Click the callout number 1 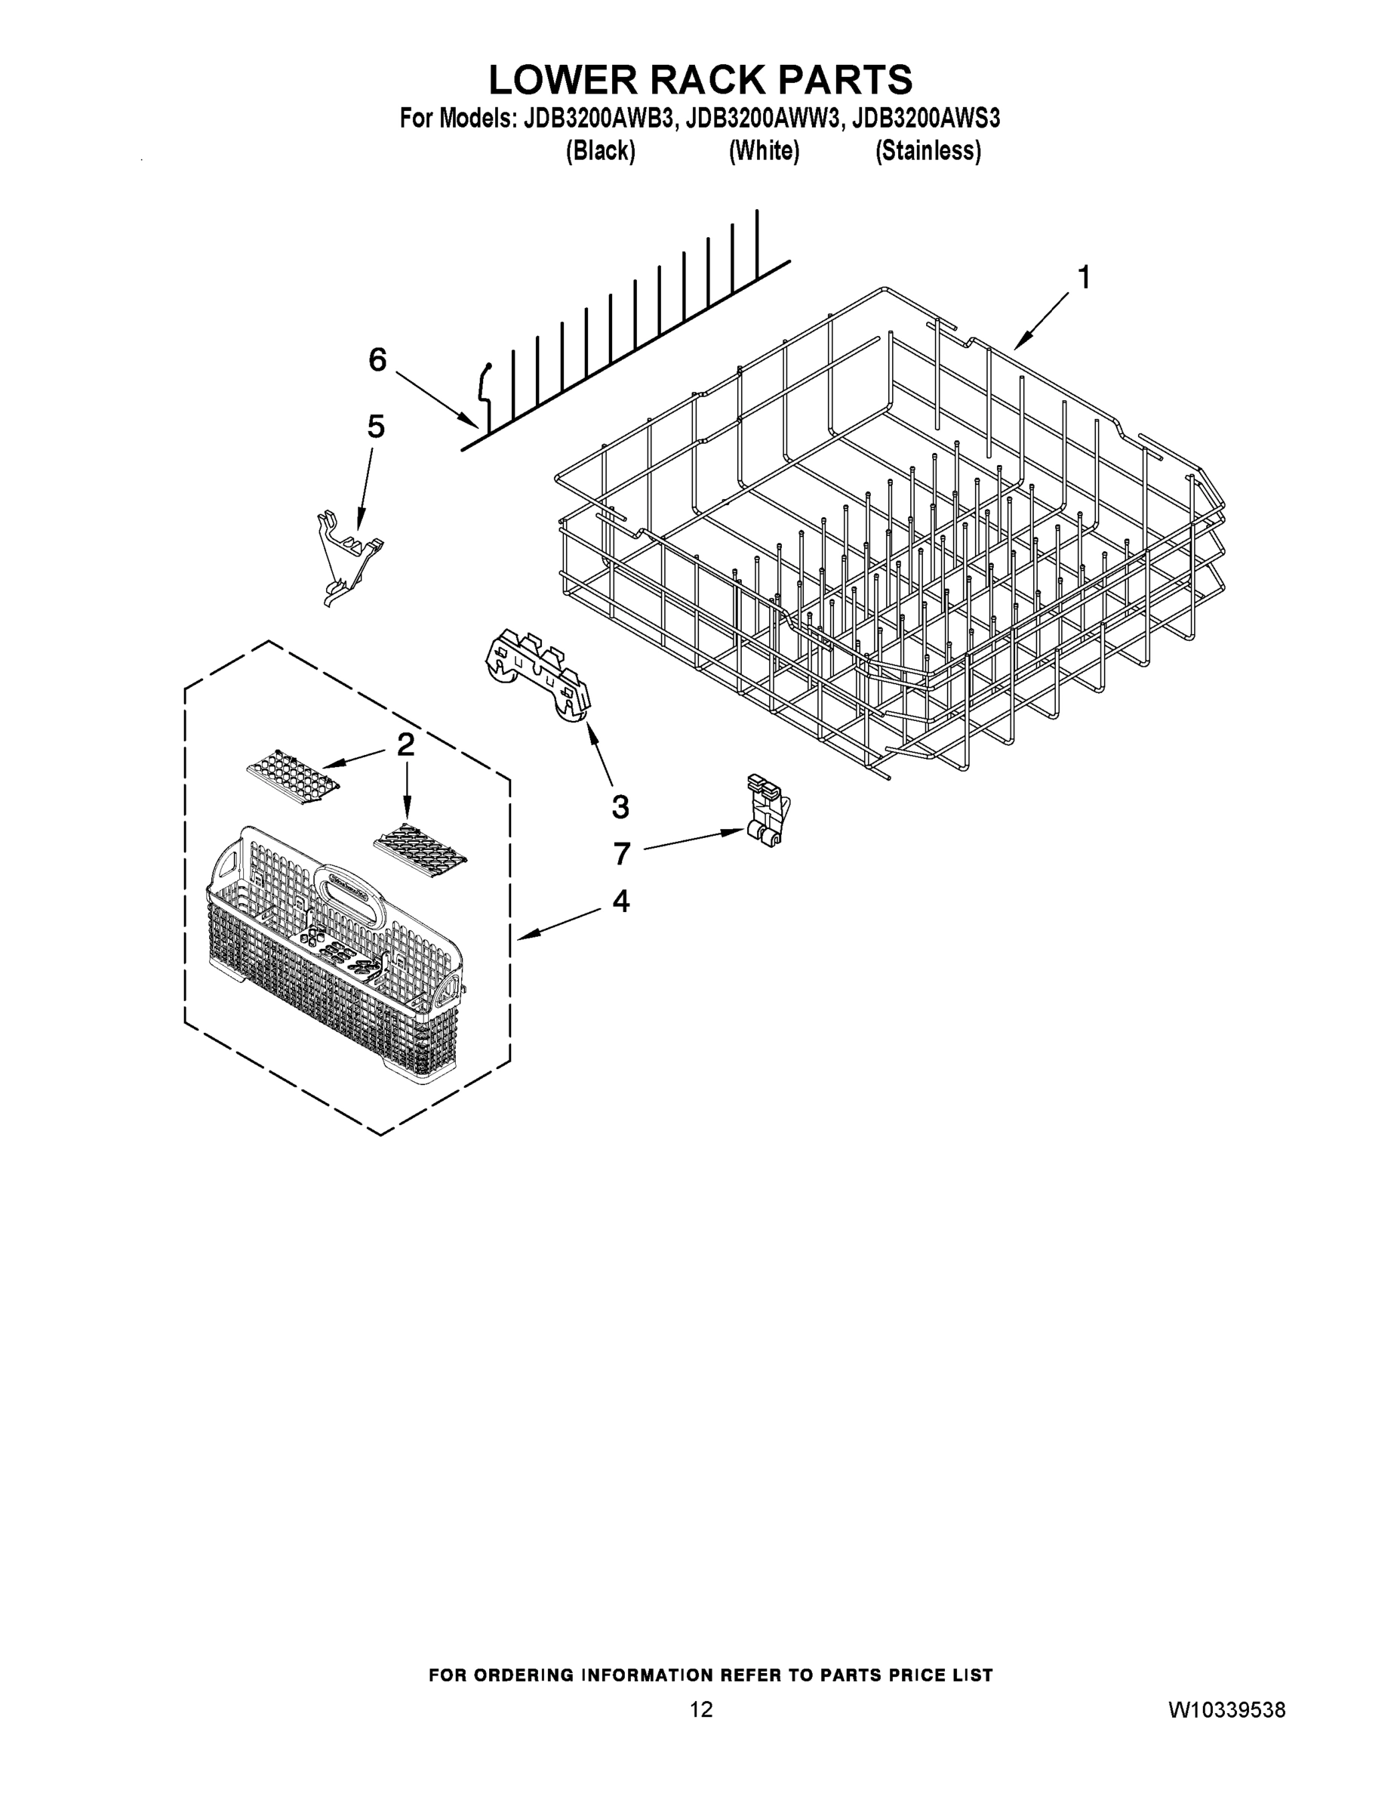point(1083,278)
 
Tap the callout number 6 point(377,360)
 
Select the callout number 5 point(376,427)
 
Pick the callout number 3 point(620,806)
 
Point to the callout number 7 point(622,853)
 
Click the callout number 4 point(620,901)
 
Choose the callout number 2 point(405,745)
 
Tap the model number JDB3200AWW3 point(764,119)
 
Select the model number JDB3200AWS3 point(927,119)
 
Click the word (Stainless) point(928,151)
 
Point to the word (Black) point(601,151)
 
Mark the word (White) point(764,151)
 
